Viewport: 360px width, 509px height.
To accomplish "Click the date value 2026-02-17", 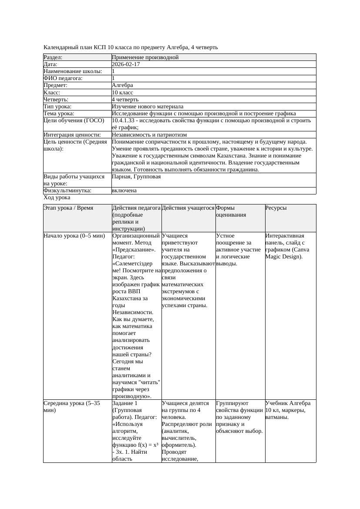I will point(126,64).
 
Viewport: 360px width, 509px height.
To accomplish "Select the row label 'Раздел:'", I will point(53,57).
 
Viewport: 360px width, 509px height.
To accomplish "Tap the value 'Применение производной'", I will point(145,57).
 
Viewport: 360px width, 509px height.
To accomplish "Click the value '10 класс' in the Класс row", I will point(122,93).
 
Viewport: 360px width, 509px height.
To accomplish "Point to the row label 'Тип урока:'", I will point(57,107).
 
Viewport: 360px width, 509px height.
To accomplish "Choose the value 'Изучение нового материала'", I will point(148,107).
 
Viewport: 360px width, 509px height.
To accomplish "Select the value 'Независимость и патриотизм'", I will point(149,135).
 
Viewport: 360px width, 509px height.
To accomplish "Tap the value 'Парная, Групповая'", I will point(136,177).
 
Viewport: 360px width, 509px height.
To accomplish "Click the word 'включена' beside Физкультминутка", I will point(124,191).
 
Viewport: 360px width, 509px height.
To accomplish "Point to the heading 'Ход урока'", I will point(57,198).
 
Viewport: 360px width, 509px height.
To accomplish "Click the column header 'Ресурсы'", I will point(276,208).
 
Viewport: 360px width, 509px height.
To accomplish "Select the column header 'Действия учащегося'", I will point(188,208).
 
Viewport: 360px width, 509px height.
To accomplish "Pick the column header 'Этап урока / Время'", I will point(68,208).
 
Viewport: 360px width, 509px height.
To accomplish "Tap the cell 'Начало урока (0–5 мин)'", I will point(74,236).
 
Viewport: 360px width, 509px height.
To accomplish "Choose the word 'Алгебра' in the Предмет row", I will point(122,85).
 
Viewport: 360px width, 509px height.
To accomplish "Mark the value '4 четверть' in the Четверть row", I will point(125,100).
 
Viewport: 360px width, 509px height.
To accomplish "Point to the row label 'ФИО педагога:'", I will point(63,78).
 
